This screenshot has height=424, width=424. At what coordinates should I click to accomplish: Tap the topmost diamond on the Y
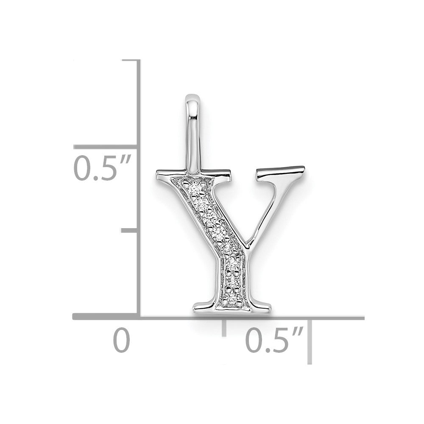[x=194, y=189]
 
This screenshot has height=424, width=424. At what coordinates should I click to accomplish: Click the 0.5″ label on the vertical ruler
[x=102, y=167]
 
